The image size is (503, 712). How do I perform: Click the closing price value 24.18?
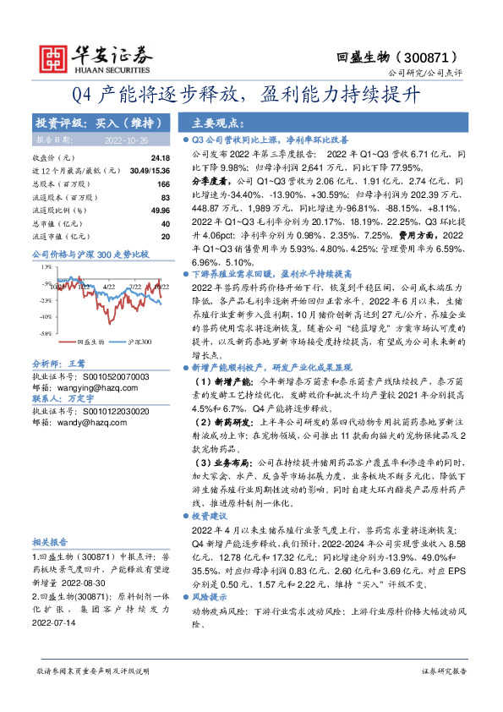click(160, 157)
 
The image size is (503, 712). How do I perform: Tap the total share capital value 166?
click(164, 183)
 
